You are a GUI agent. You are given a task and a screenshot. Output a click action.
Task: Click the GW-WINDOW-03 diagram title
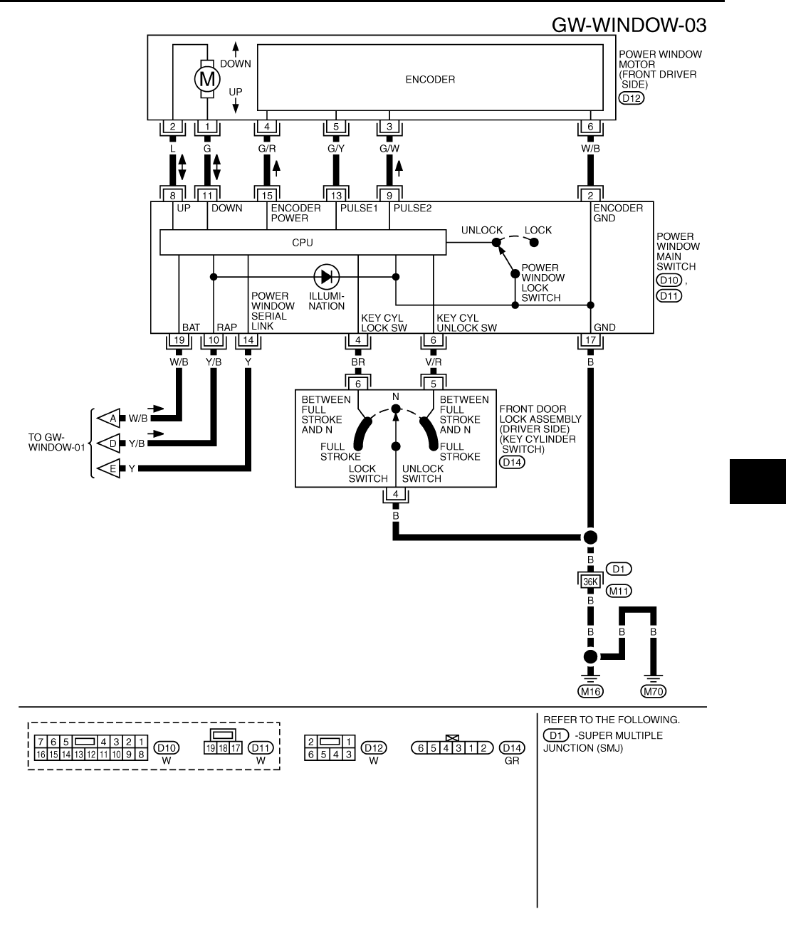pos(629,26)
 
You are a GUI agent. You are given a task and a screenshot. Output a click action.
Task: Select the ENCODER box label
pos(430,80)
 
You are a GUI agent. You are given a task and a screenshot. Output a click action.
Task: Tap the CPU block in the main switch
pos(303,243)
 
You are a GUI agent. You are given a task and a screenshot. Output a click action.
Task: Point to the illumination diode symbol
pos(327,277)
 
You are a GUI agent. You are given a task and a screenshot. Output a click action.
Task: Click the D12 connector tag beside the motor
pos(632,99)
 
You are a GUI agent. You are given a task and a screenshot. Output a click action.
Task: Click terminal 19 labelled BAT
pos(178,340)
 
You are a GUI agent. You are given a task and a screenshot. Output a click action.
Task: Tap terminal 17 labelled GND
pos(590,340)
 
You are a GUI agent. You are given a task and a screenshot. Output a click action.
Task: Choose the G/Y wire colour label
pos(336,149)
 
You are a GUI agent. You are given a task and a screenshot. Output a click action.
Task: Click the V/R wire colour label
pos(434,362)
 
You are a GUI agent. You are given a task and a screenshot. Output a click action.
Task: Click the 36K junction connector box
pos(590,580)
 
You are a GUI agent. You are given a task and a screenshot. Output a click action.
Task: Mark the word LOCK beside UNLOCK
pos(538,231)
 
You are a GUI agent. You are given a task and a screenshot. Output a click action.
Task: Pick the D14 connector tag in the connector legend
pos(511,748)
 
